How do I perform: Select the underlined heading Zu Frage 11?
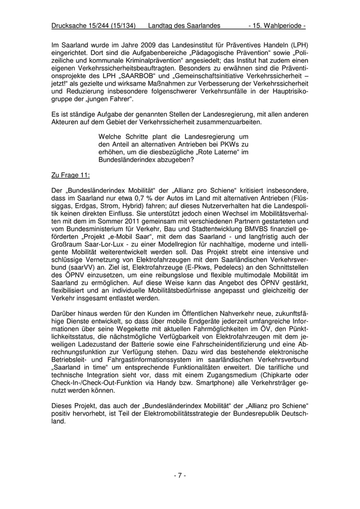pos(71,175)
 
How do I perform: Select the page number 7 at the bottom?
pos(179,476)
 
